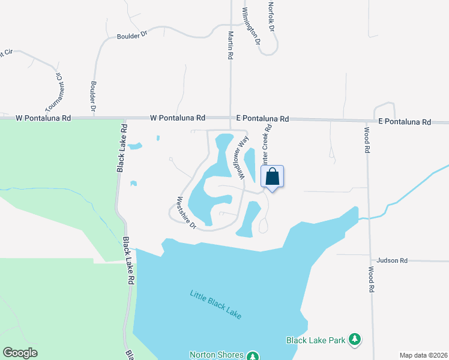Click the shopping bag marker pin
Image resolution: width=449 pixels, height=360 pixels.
coord(272,177)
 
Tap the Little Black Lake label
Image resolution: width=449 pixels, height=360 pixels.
coord(215,305)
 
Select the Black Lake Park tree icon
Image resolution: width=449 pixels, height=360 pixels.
coord(355,340)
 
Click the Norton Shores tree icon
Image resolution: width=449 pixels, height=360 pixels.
coord(253,356)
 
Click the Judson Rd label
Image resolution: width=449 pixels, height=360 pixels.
coord(392,260)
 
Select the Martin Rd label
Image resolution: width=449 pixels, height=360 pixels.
coord(229,46)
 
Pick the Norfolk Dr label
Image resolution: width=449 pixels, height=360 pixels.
coord(271,16)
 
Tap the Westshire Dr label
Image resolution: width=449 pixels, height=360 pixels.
coord(186,212)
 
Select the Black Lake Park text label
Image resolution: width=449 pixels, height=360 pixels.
coord(316,340)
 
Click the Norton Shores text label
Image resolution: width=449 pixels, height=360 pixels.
coord(217,355)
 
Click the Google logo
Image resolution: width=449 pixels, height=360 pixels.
coord(20,353)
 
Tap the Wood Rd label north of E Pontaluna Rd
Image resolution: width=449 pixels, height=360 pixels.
coord(367,139)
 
